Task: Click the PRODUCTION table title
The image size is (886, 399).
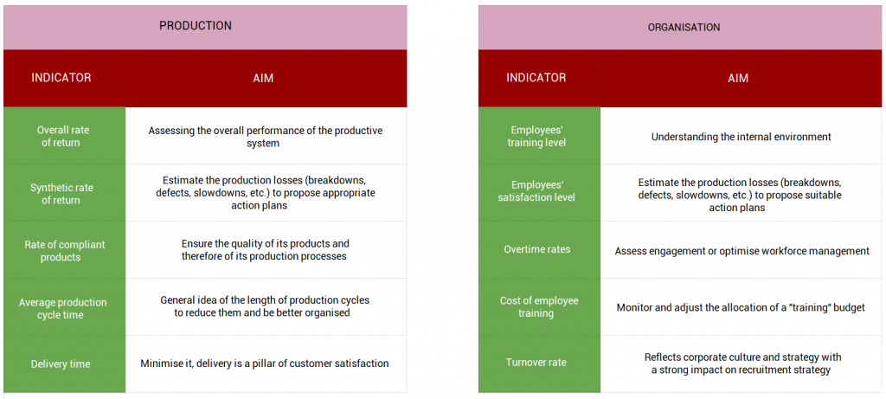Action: coord(196,26)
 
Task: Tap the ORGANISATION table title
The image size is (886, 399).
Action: coord(684,28)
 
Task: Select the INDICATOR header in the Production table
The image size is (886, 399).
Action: coord(61,78)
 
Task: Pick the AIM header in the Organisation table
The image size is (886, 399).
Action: coord(738,78)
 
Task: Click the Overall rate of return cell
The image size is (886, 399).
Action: coord(63,137)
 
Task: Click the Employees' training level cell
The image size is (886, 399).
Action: coord(537,137)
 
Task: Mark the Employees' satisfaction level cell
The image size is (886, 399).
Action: coord(537,191)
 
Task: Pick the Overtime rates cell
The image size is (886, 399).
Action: coord(537,250)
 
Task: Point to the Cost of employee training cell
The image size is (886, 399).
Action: coord(537,307)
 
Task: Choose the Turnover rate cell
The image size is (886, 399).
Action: coord(537,363)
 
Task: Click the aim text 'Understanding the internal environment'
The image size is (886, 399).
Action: coord(741,137)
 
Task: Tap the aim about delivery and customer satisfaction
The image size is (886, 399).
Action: coord(265,364)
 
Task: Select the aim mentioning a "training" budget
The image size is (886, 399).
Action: coord(741,307)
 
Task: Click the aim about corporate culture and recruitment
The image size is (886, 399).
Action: coord(742,364)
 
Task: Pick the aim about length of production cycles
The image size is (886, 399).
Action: coord(265,306)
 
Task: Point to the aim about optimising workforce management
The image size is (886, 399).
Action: coord(742,251)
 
